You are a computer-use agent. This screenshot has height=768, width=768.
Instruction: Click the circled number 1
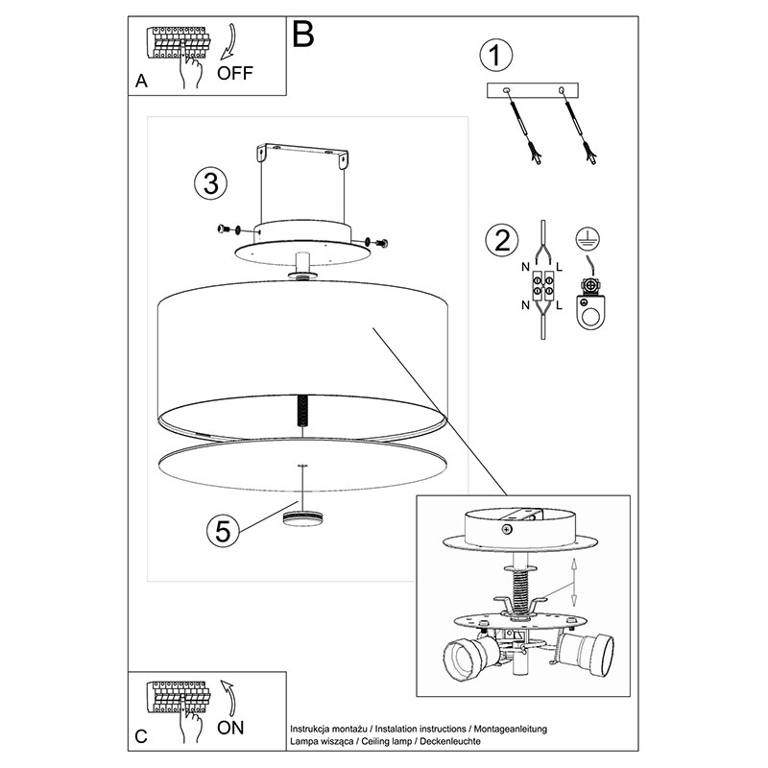[495, 55]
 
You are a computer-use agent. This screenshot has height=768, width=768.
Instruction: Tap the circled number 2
[501, 241]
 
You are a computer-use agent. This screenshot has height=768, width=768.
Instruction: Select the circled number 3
[210, 183]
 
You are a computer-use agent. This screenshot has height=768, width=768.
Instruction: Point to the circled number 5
[223, 531]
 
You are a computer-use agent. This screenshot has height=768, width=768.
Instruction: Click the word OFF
[235, 73]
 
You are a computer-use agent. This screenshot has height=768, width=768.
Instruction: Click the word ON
[230, 728]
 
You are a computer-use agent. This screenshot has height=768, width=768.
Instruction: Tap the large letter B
[302, 34]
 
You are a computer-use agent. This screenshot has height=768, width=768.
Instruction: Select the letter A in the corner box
[141, 81]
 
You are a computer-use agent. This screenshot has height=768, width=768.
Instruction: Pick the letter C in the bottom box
[141, 736]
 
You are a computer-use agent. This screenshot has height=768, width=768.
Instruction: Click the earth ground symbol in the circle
[588, 239]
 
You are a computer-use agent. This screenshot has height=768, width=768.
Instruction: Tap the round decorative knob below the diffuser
[303, 518]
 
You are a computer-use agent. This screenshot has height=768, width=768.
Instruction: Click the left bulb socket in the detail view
[470, 655]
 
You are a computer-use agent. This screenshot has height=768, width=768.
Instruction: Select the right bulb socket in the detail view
[588, 649]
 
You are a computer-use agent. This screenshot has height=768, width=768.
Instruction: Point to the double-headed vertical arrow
[574, 583]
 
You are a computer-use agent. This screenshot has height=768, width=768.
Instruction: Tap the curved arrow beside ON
[228, 698]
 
